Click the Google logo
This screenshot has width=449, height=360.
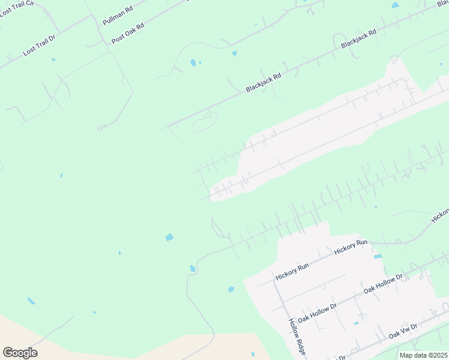point(20,352)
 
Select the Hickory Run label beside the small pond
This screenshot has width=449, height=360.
point(351,246)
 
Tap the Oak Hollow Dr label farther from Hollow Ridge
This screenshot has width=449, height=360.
point(384,285)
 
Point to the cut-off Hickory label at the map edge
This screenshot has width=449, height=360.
point(440,216)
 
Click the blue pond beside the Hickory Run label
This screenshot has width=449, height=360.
point(378,257)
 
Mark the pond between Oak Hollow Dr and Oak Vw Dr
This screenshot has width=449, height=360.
point(356,323)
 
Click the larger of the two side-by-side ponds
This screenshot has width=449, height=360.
point(193,62)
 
